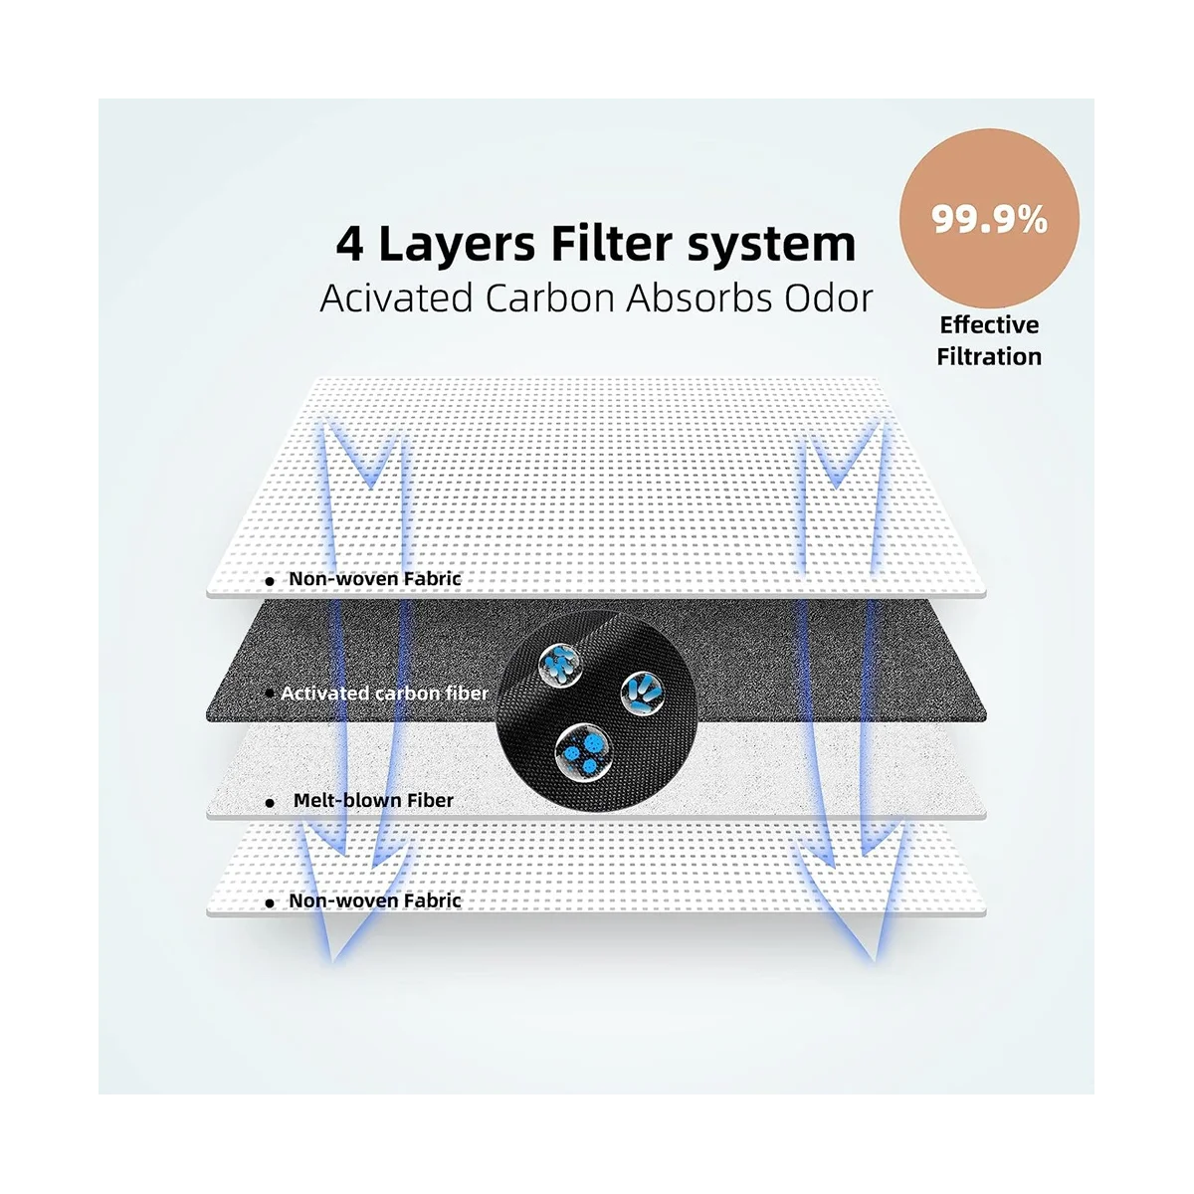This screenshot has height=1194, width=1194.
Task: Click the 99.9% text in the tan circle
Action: (x=989, y=219)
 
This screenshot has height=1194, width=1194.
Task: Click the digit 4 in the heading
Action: (x=350, y=244)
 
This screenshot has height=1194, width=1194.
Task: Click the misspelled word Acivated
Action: (x=396, y=298)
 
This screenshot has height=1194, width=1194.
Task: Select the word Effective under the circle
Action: (x=989, y=325)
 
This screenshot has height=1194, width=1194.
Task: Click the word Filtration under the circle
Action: (x=989, y=356)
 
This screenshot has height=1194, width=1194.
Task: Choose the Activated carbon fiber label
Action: (x=384, y=693)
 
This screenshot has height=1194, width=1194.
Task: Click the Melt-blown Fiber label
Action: (x=373, y=800)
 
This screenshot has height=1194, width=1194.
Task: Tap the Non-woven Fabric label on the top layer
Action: (x=375, y=578)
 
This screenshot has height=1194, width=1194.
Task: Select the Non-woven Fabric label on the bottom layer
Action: (x=375, y=900)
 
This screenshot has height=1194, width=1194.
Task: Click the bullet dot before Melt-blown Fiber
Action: (x=270, y=802)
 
